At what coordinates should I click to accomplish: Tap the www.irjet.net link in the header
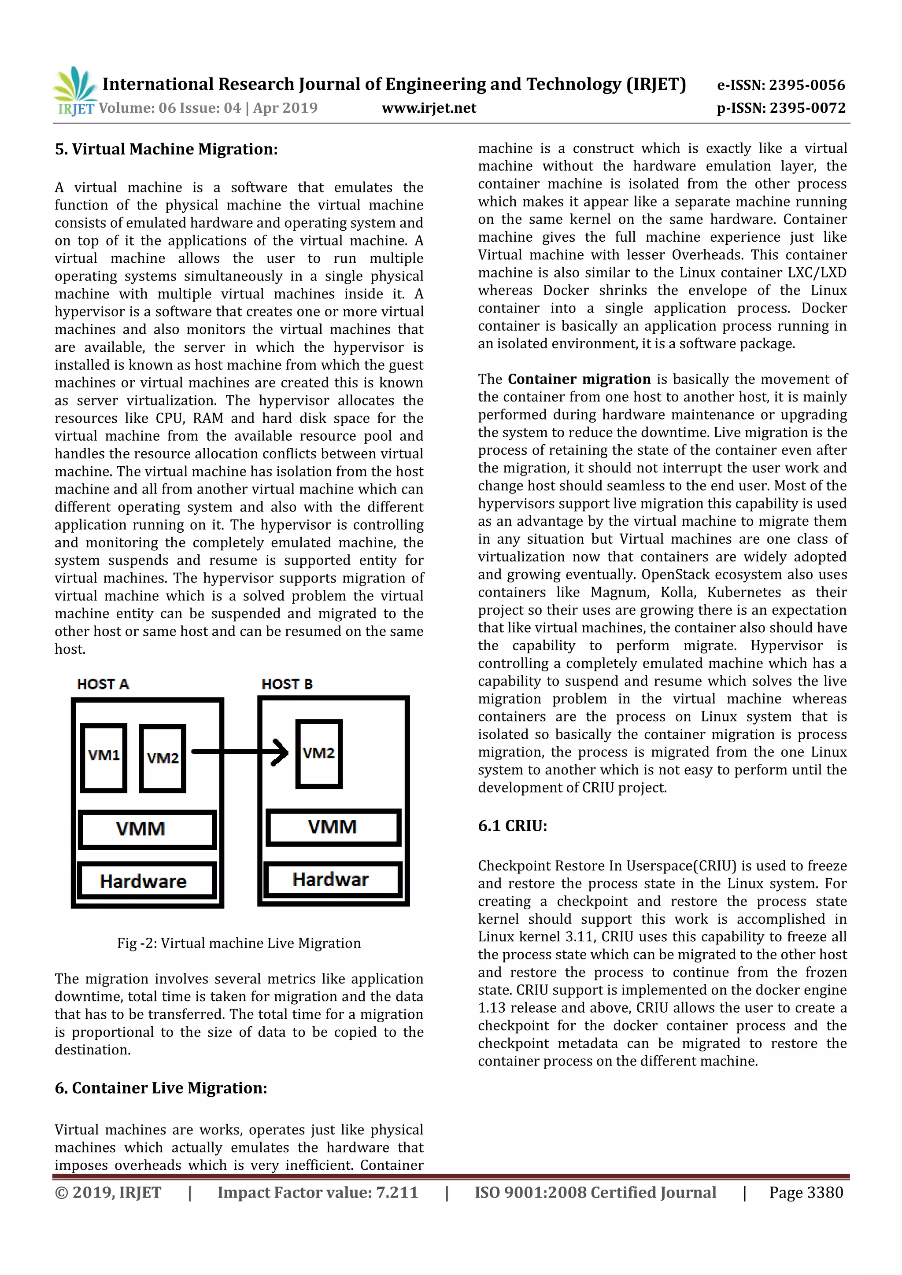[429, 108]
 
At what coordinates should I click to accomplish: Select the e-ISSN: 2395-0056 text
[781, 85]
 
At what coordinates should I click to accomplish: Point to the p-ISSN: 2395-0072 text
[781, 108]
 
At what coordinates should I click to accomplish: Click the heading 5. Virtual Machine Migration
[166, 149]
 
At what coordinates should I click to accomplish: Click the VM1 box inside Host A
[104, 757]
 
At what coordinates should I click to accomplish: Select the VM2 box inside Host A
[162, 758]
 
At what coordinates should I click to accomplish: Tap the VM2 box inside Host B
[319, 754]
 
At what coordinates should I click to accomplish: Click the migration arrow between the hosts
[239, 752]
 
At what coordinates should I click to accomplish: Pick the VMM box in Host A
[147, 829]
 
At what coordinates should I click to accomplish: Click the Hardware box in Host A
[147, 881]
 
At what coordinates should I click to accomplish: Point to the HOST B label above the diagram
[287, 684]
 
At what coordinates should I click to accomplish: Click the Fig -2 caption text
[239, 943]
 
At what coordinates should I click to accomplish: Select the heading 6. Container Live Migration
[161, 1088]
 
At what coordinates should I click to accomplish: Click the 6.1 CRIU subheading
[512, 826]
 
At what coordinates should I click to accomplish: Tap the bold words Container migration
[579, 379]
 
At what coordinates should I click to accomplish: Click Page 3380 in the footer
[806, 1192]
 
